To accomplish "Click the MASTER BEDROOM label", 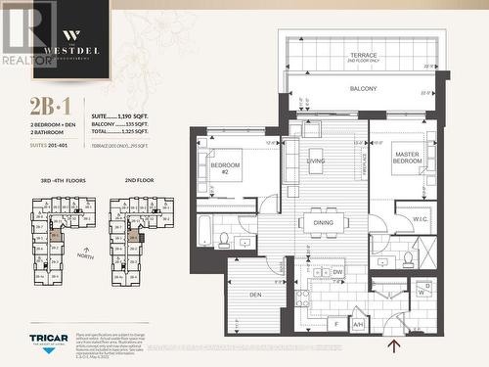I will (407, 159).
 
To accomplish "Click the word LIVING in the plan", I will (316, 161).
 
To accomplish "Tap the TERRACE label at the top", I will (364, 56).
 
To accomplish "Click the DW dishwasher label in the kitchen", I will (337, 272).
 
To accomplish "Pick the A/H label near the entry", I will (359, 324).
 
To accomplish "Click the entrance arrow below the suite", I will (393, 345).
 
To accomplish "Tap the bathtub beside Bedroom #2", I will (205, 231).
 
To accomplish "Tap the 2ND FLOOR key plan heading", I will (139, 181).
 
